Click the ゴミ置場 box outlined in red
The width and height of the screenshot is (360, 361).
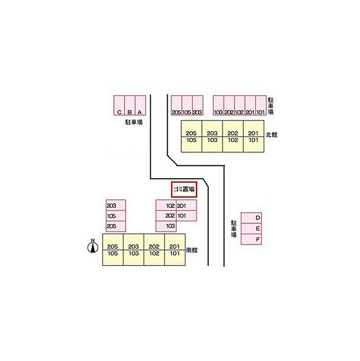click(x=184, y=190)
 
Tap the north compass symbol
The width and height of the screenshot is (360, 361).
click(x=93, y=246)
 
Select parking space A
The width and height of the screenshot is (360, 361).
click(x=140, y=106)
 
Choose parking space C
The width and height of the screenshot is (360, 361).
click(x=119, y=106)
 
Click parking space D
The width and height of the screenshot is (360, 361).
click(x=251, y=218)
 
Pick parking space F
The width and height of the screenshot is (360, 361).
click(x=251, y=239)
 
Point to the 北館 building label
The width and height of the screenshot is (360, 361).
click(x=272, y=135)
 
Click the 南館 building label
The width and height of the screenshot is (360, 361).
click(x=192, y=250)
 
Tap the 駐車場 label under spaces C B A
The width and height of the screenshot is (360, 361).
click(x=134, y=122)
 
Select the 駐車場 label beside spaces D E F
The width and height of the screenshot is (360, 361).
click(x=234, y=229)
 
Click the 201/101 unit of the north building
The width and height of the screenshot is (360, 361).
click(x=254, y=136)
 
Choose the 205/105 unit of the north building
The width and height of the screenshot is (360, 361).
click(x=191, y=136)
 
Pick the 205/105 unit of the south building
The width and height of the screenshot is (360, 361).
click(x=113, y=250)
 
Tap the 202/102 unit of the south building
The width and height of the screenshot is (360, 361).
click(x=154, y=250)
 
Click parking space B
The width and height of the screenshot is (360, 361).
click(x=130, y=106)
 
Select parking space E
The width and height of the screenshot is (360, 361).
click(x=251, y=229)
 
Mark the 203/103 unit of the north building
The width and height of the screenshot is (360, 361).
click(x=212, y=136)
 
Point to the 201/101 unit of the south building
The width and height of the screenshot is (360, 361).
click(x=175, y=250)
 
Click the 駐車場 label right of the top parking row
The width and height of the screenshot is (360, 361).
click(x=271, y=106)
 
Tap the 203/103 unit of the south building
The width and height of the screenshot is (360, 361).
click(x=134, y=250)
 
